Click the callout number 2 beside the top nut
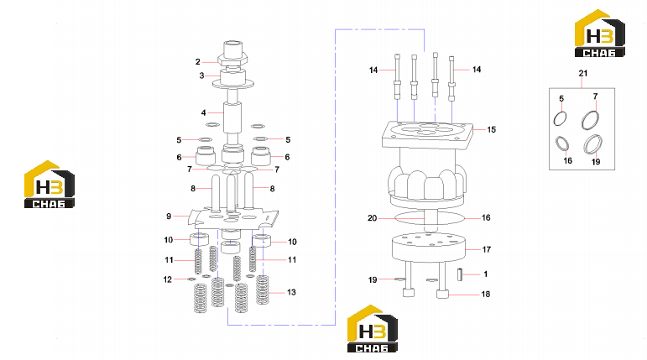pos(198,62)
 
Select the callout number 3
pos(201,76)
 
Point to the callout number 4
pos(203,112)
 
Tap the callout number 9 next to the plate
pos(169,216)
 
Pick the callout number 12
pos(168,279)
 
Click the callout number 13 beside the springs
pos(291,292)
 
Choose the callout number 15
pos(491,129)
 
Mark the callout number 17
pos(487,249)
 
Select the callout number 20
pos(373,218)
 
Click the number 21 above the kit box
pos(582,73)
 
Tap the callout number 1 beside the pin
pos(486,274)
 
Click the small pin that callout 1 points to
pos(460,274)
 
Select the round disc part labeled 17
pos(428,247)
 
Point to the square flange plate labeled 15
pos(427,135)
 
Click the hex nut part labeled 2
pos(232,60)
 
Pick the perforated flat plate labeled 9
pos(233,217)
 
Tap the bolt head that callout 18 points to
pos(442,295)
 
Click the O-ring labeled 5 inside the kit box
pos(560,118)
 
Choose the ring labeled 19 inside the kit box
pos(592,144)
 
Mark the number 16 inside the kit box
pos(568,160)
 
